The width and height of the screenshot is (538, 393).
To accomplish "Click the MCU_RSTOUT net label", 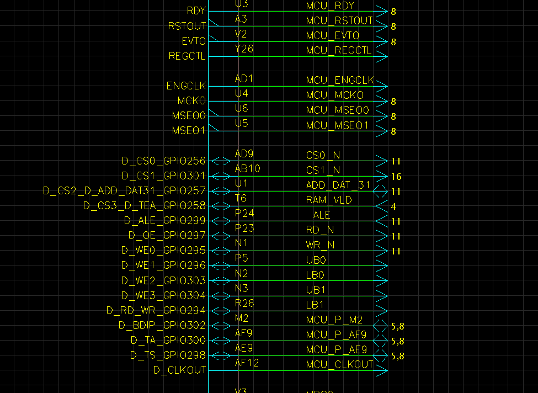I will [339, 21].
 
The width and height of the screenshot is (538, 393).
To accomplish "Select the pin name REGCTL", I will [187, 56].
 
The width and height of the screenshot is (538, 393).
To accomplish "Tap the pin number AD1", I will [244, 79].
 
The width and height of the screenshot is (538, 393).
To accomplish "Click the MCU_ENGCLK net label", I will [340, 81].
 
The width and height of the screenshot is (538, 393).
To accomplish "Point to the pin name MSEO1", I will [188, 131].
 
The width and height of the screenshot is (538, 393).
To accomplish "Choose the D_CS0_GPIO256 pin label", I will [163, 161].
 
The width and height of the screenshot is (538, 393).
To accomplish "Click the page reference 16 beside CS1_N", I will [396, 177].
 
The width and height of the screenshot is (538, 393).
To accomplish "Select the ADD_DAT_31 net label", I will [338, 185].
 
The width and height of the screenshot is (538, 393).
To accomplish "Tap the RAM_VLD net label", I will [329, 200].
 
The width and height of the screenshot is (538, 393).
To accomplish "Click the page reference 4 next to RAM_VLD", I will [394, 207].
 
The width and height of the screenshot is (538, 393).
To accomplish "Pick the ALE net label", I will [322, 215].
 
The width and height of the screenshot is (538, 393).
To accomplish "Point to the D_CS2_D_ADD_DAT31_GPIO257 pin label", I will [124, 190].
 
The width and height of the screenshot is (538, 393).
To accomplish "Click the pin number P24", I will [244, 213].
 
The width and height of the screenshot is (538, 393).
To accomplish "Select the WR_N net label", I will [320, 245].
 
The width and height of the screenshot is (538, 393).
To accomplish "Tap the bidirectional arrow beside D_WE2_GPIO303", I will [221, 280].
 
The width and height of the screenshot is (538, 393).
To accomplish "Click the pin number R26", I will [244, 302].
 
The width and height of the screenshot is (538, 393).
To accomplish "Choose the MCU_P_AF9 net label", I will [336, 334].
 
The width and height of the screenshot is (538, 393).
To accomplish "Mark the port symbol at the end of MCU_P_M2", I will [381, 326].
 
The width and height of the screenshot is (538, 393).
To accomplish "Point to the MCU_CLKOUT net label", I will [339, 364].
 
